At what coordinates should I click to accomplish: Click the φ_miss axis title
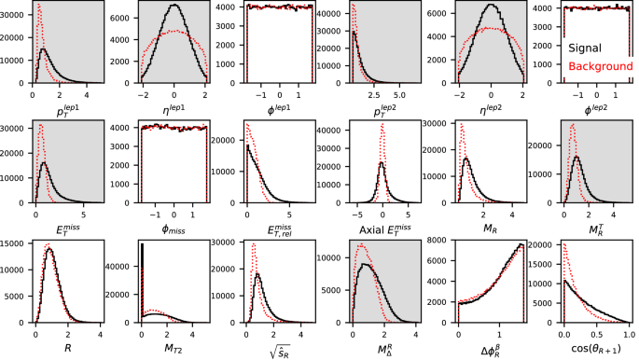[x=174, y=231]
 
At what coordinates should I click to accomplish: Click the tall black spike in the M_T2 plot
[x=142, y=280]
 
